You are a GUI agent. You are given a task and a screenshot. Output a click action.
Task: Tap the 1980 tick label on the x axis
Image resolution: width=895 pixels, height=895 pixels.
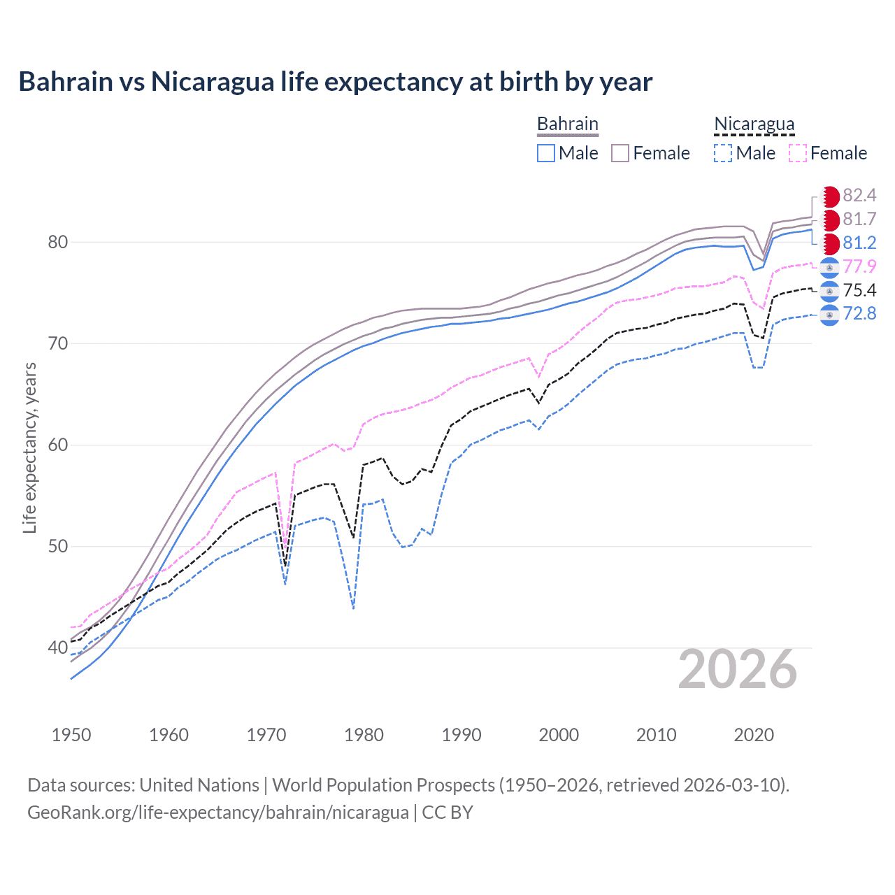[x=364, y=735]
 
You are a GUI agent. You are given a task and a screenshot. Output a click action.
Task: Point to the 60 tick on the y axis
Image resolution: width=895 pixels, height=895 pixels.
[x=58, y=445]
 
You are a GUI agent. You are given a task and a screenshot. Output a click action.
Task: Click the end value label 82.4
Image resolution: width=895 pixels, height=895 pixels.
[x=859, y=196]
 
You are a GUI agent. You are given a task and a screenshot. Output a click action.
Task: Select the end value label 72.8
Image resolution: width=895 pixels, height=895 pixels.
[x=859, y=314]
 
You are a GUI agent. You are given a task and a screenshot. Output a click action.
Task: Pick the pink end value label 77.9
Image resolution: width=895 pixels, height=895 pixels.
[x=859, y=267]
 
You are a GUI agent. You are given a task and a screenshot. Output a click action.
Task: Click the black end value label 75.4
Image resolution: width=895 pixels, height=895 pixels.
[x=859, y=290]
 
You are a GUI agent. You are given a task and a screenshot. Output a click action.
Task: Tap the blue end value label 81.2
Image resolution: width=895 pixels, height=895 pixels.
[x=859, y=243]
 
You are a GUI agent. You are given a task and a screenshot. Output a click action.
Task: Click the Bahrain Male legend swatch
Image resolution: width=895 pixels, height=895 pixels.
[x=546, y=153]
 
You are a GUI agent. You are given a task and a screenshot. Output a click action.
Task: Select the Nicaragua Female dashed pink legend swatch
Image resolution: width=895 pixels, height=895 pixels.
[x=798, y=153]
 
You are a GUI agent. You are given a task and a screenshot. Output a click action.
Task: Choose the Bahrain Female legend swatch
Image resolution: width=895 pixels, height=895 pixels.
[x=620, y=153]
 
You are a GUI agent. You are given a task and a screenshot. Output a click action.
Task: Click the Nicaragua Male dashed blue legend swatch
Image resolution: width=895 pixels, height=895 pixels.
[x=723, y=153]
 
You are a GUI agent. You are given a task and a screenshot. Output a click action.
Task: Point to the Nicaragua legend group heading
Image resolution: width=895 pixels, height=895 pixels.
[x=754, y=124]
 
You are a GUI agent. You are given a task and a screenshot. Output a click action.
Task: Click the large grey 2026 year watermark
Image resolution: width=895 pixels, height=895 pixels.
[x=737, y=670]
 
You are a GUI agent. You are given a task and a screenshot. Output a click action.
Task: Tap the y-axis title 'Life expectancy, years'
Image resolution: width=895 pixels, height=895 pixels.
[x=29, y=447]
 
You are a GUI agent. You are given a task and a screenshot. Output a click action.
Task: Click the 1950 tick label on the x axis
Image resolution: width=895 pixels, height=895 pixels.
[x=71, y=735]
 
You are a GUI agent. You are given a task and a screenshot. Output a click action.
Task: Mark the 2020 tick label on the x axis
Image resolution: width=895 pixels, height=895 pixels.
[x=754, y=735]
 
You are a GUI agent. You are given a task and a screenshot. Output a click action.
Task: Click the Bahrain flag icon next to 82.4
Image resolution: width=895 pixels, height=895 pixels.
[x=829, y=196]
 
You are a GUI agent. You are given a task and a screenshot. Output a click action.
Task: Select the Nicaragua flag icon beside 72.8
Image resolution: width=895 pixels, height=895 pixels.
[x=829, y=315]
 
